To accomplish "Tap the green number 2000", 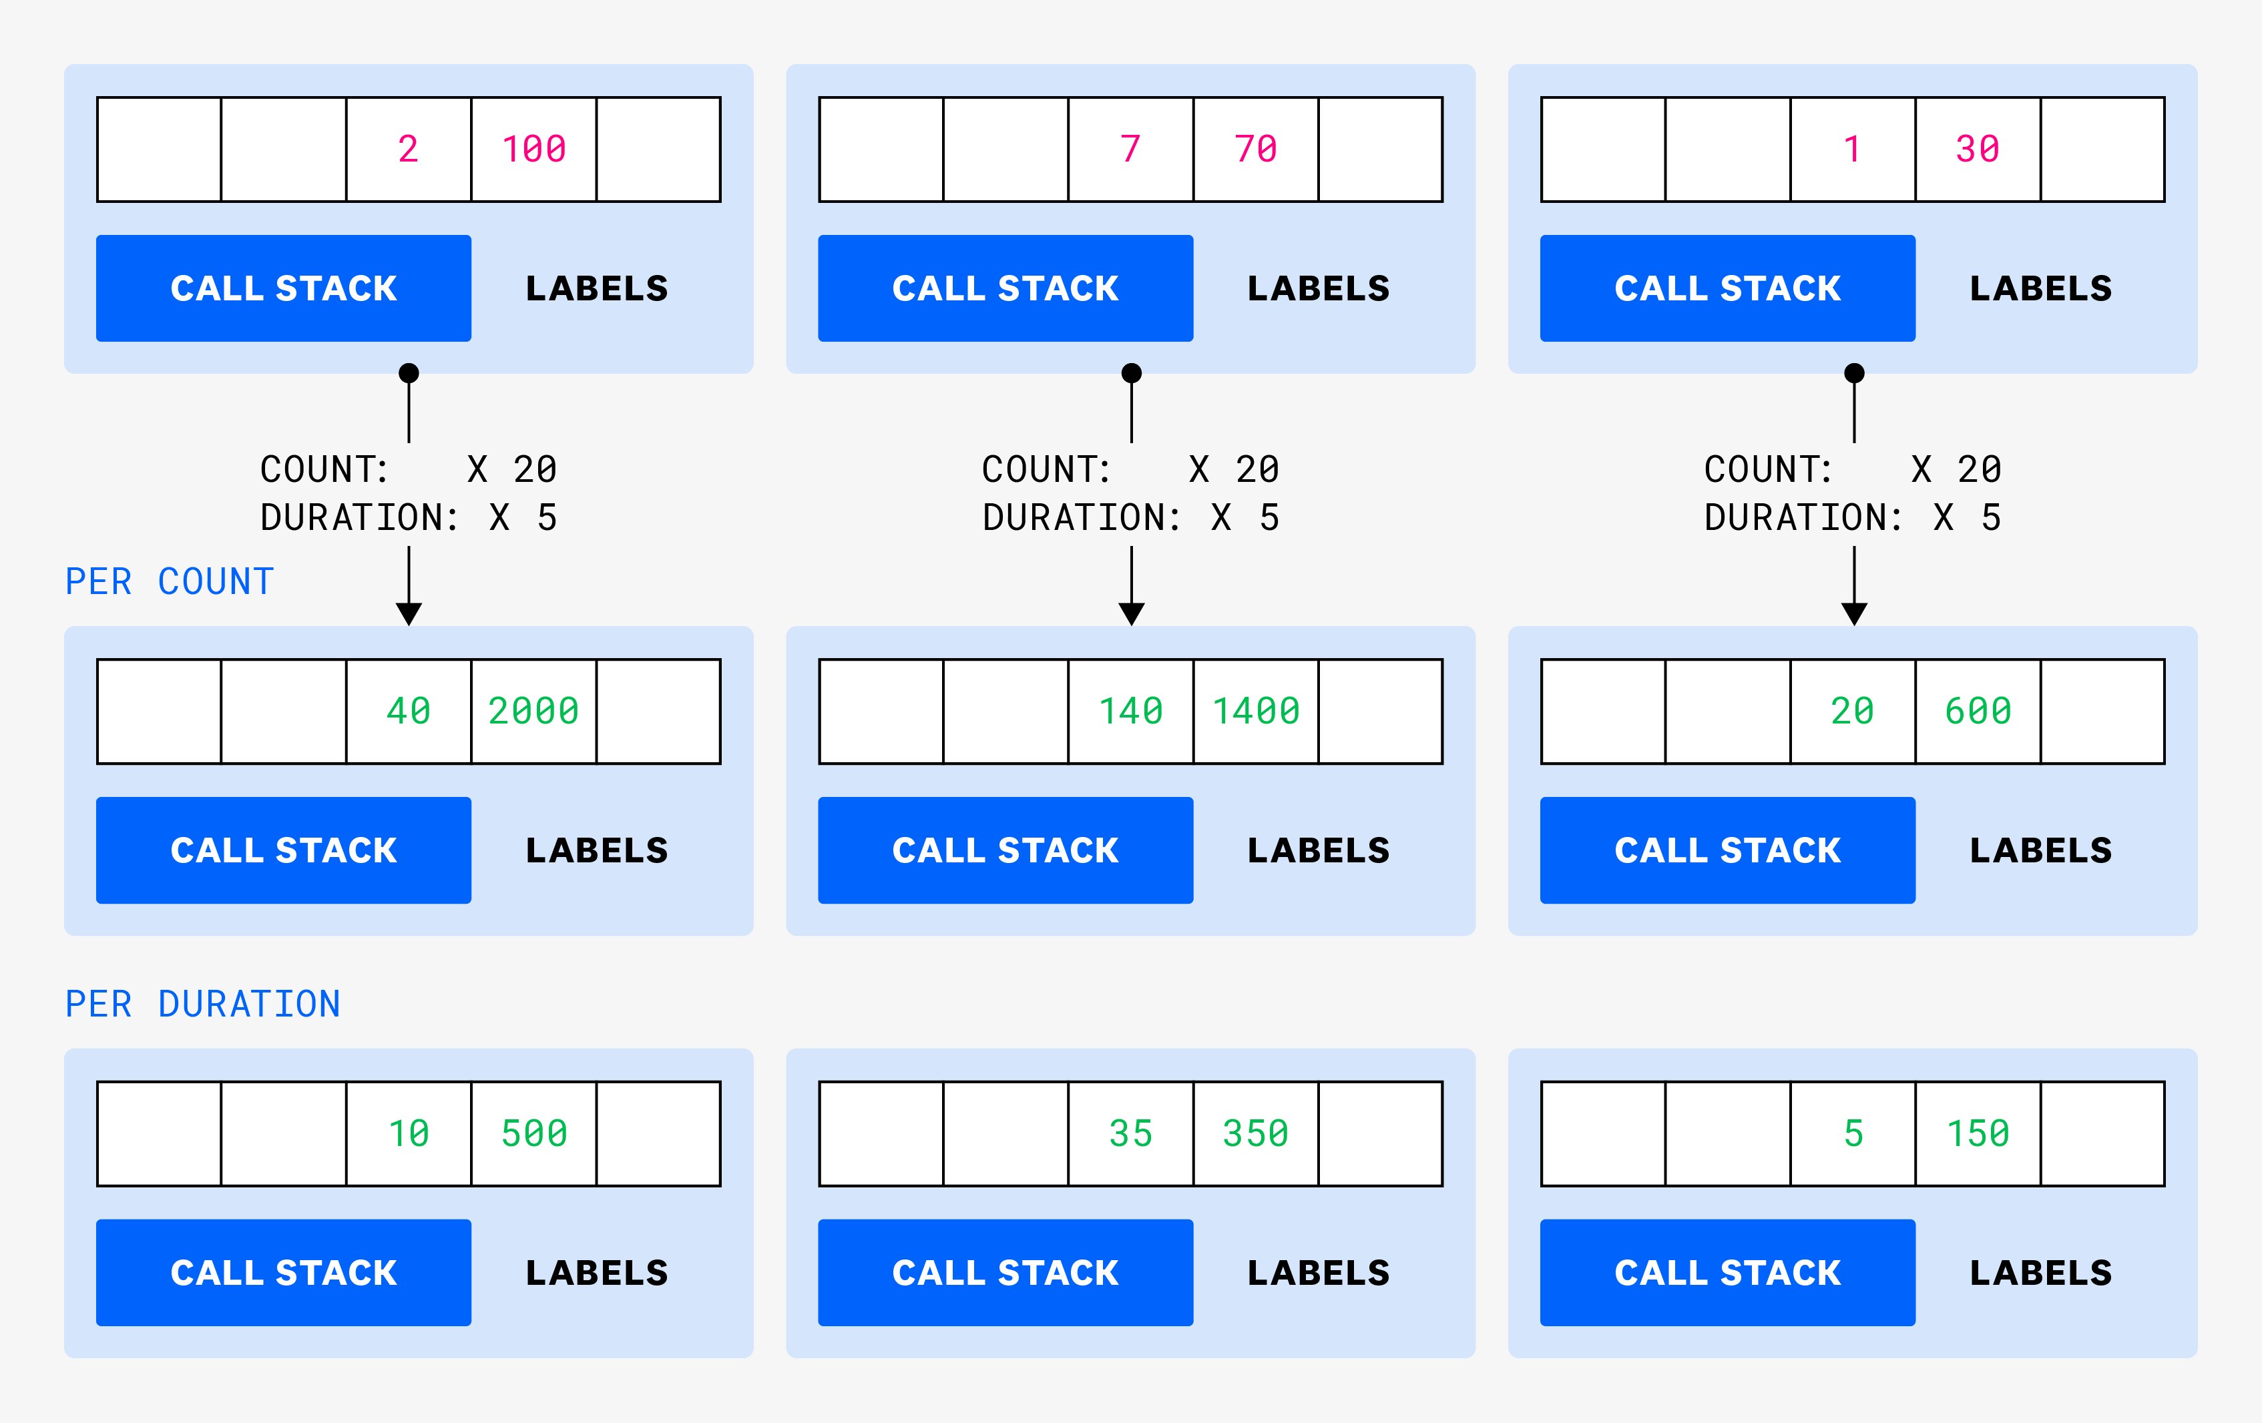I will (533, 711).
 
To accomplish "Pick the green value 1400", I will (1256, 711).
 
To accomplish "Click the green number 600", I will (1978, 711).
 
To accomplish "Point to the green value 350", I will (1256, 1134).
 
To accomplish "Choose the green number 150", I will (1978, 1134).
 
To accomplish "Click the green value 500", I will (533, 1134).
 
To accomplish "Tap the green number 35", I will (1130, 1134).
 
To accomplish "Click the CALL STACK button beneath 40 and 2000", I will (284, 850).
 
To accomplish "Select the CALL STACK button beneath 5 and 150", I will (1727, 1273).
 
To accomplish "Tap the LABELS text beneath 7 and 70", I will (1318, 288).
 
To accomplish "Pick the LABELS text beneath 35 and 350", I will (1318, 1273).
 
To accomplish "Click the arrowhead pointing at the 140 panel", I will (1132, 614).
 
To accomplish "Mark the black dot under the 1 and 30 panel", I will (1854, 373).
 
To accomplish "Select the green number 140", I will (1130, 711).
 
